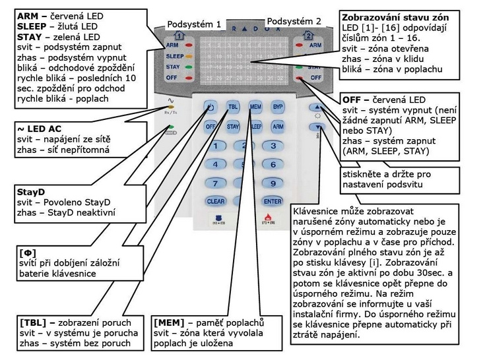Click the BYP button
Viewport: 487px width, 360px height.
[278, 105]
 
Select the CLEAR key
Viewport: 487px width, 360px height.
[215, 201]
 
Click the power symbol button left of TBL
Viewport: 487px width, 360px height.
[210, 107]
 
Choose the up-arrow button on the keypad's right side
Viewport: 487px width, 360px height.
[318, 106]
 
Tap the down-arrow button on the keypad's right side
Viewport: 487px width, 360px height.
[318, 127]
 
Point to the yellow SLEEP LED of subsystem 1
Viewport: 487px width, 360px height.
[190, 57]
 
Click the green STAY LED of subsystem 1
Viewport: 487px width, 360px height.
[190, 67]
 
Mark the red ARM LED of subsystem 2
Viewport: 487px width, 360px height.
[300, 46]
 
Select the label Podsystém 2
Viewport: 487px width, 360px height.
[294, 21]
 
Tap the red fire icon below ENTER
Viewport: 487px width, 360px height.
[268, 217]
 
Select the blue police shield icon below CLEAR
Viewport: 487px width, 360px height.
[216, 217]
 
